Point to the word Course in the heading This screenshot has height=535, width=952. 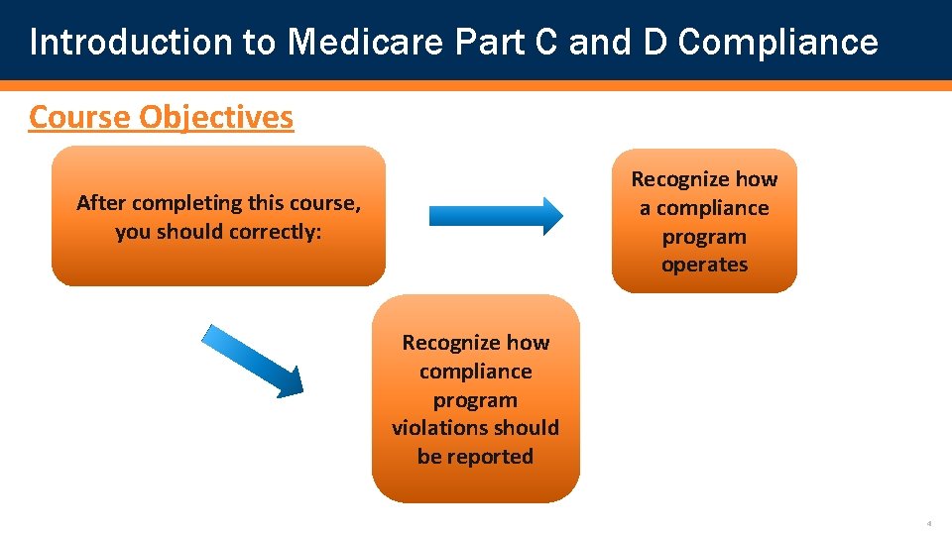click(80, 117)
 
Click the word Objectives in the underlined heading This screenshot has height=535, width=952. click(216, 117)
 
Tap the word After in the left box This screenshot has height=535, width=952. click(101, 203)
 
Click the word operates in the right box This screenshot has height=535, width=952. click(704, 265)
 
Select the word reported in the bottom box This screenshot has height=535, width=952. click(495, 457)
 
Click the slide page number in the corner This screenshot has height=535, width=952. click(929, 523)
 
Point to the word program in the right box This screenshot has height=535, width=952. click(704, 237)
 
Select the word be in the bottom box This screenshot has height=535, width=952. click(429, 457)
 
